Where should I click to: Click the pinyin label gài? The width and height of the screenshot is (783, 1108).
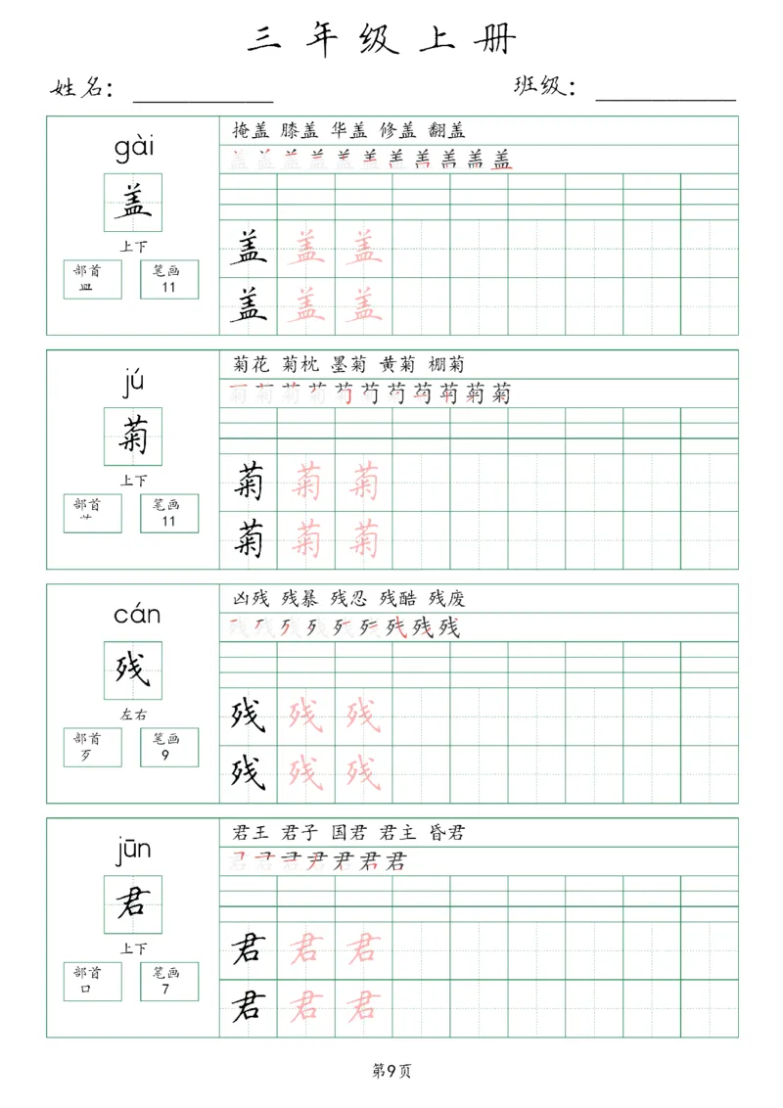pyautogui.click(x=133, y=149)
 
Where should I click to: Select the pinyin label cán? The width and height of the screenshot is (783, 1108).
pyautogui.click(x=136, y=616)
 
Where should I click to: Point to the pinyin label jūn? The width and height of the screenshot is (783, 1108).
pyautogui.click(x=133, y=850)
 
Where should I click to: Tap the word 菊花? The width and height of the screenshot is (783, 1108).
pyautogui.click(x=251, y=364)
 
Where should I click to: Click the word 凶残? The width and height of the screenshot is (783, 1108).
pyautogui.click(x=251, y=598)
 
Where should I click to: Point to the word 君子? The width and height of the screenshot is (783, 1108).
pyautogui.click(x=299, y=833)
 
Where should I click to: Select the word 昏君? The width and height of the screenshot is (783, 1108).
pyautogui.click(x=446, y=833)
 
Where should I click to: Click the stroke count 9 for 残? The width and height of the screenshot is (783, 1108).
pyautogui.click(x=168, y=755)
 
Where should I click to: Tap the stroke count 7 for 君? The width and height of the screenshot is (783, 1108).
pyautogui.click(x=168, y=989)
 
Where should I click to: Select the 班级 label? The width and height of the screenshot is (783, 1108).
pyautogui.click(x=541, y=87)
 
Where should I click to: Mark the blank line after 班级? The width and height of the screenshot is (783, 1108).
pyautogui.click(x=666, y=98)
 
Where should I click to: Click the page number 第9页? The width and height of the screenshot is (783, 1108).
pyautogui.click(x=391, y=1071)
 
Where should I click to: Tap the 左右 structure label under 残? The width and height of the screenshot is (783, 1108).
pyautogui.click(x=133, y=715)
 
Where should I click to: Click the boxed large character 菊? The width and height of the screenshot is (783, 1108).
pyautogui.click(x=133, y=436)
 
